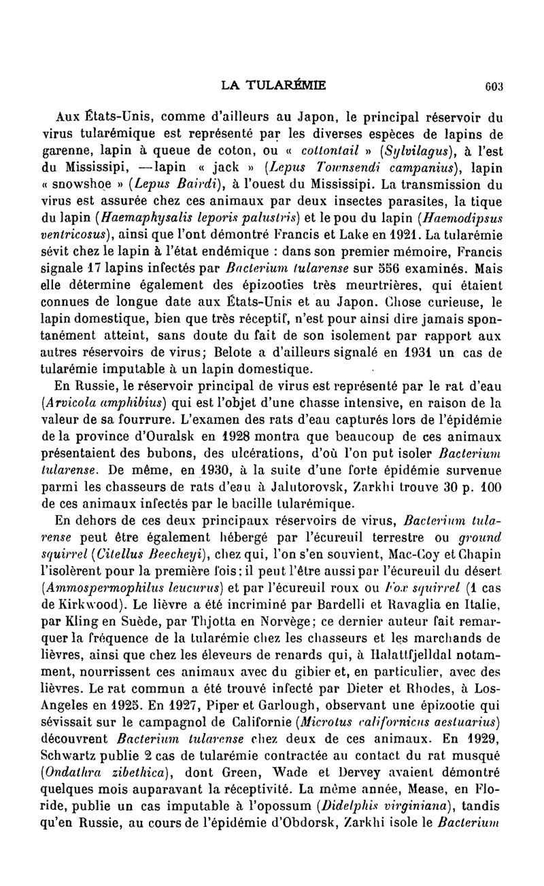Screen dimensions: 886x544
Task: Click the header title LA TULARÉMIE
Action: click(274, 85)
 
